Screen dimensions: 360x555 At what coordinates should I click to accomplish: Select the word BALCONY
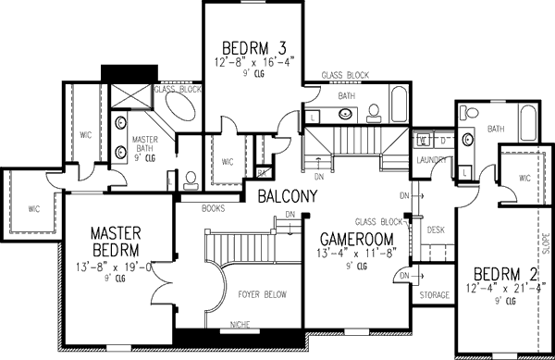[288, 197]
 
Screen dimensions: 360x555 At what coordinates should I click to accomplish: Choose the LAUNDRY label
[432, 159]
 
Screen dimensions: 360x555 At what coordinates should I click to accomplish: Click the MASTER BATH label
[146, 145]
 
